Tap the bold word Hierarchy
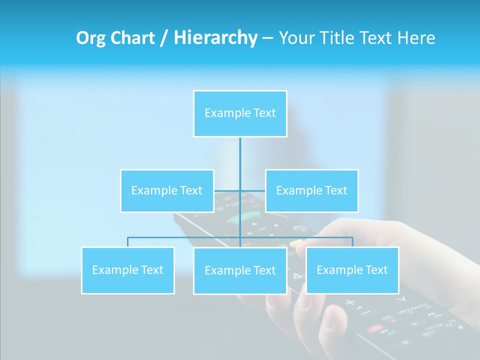point(215,38)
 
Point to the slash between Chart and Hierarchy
point(163,38)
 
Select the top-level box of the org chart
point(240,113)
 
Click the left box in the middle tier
point(167,190)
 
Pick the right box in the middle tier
point(312,190)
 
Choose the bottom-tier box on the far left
point(127,270)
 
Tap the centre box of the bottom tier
point(240,270)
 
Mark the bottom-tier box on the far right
point(352,270)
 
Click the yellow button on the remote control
point(297,243)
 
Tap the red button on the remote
point(375,328)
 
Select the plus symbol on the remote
point(349,302)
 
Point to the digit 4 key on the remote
point(297,276)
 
